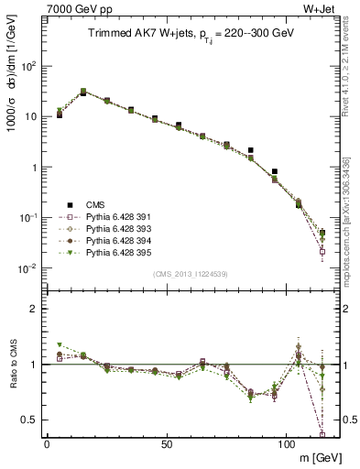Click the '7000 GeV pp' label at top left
[76, 7]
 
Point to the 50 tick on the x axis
[166, 443]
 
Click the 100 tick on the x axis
[286, 443]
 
